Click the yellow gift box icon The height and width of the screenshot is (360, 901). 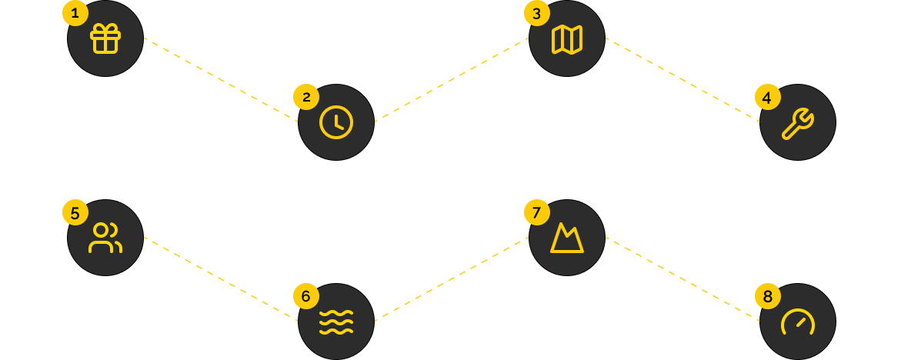pos(105,38)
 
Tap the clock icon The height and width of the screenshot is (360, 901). pos(336,122)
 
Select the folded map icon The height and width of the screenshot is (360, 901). pos(567,38)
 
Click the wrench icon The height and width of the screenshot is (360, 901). pos(797,122)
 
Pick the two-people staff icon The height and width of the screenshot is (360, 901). pos(105,238)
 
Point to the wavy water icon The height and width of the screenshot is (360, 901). pos(336,322)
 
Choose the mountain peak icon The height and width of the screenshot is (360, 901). pos(567,238)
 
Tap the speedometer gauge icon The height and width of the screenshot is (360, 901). pos(797,322)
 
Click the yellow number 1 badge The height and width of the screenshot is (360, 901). pos(75,13)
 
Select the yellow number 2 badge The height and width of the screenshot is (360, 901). pos(305,97)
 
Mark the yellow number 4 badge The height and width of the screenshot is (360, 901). pos(767,98)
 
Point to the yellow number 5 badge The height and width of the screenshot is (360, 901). pos(75,212)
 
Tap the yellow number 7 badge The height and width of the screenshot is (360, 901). pos(536,212)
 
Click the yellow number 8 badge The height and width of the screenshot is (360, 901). pos(767,296)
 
